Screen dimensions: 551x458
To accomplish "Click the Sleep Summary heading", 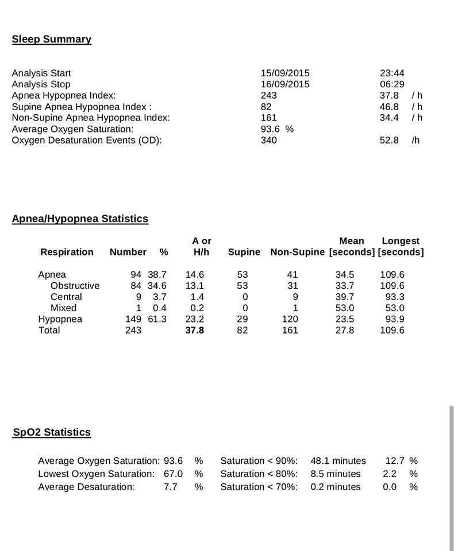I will pos(51,39).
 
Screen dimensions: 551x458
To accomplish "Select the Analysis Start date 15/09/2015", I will pos(285,73).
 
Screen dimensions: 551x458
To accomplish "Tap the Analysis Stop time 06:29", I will pos(392,84).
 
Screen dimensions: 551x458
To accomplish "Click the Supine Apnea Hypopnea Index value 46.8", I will pos(389,107).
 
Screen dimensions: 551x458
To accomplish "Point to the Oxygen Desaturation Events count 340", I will pos(268,140).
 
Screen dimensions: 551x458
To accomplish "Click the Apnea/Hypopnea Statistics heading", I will pos(80,219).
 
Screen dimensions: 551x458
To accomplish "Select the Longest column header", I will pos(401,241).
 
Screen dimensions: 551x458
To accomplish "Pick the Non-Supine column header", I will pos(298,252).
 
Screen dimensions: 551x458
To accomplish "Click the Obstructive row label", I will pos(75,286).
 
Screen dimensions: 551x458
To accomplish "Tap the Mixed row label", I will pos(63,308).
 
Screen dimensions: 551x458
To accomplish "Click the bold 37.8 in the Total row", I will pos(194,331).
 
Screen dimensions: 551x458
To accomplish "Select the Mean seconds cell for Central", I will pos(345,297).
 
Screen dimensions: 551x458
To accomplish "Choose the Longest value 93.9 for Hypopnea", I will pos(392,319).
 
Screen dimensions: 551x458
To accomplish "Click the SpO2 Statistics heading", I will pos(52,432).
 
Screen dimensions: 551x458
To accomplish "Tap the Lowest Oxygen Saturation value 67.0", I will pos(173,474).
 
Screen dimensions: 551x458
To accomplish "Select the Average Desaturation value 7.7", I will pos(170,487).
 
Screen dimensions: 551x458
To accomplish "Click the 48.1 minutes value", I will pos(338,461).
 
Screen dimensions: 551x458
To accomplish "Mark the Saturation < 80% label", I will pos(259,474).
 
